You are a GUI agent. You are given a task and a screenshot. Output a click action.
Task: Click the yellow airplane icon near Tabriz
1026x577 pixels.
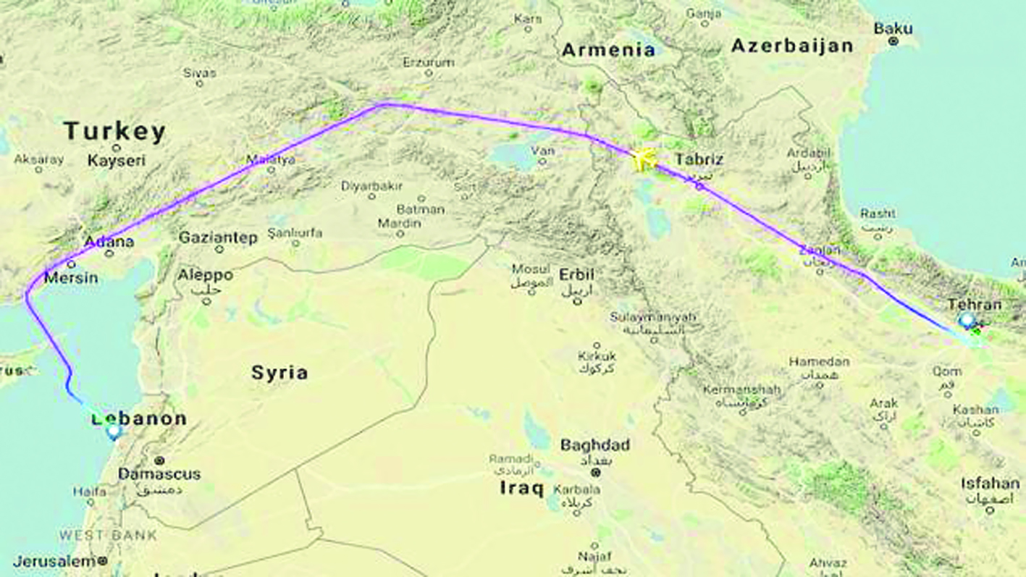644,160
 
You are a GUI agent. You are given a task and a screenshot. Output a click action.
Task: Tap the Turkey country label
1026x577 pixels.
114,132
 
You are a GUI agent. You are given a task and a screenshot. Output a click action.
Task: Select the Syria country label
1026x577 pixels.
279,373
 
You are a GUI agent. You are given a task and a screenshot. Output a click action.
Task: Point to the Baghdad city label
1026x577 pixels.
595,445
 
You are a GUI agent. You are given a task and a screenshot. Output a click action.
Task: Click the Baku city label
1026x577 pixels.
893,29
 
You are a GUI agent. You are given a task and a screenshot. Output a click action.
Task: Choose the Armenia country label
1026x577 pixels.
609,50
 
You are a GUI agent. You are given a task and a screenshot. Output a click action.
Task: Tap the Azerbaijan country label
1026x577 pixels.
792,46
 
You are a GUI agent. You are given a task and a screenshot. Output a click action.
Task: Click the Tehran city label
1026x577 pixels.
975,305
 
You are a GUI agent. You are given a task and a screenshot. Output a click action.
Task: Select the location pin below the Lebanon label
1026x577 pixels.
114,432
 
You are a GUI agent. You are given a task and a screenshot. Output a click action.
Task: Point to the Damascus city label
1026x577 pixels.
159,474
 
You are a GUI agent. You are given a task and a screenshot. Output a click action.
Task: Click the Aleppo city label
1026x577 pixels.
206,276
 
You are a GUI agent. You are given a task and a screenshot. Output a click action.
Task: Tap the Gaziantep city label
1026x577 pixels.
218,237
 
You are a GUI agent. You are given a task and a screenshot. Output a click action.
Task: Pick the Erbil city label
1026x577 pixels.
576,275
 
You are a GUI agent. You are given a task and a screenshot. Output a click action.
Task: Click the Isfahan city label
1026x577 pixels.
991,483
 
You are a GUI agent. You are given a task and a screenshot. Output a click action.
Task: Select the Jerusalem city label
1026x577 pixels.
54,561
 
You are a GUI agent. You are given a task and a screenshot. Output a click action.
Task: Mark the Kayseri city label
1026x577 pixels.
116,161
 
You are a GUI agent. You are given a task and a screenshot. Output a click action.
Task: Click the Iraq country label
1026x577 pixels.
521,489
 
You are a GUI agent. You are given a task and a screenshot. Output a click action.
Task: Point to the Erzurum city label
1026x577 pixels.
428,63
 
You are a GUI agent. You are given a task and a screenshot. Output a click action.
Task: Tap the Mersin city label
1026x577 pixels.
71,277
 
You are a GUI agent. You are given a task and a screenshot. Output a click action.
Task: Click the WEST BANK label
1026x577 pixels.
108,536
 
